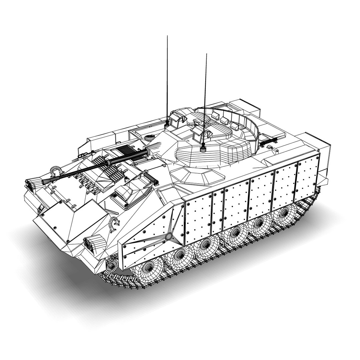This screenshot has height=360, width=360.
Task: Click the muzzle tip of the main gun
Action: click(x=43, y=182)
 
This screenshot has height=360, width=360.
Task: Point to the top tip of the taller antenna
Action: click(x=167, y=36)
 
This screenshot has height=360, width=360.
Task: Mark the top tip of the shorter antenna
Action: click(x=206, y=54)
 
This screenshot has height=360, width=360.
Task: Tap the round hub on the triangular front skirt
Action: click(x=169, y=236)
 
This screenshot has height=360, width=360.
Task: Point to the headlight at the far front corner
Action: click(x=33, y=184)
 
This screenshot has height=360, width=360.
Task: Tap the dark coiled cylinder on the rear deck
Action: click(x=269, y=142)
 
